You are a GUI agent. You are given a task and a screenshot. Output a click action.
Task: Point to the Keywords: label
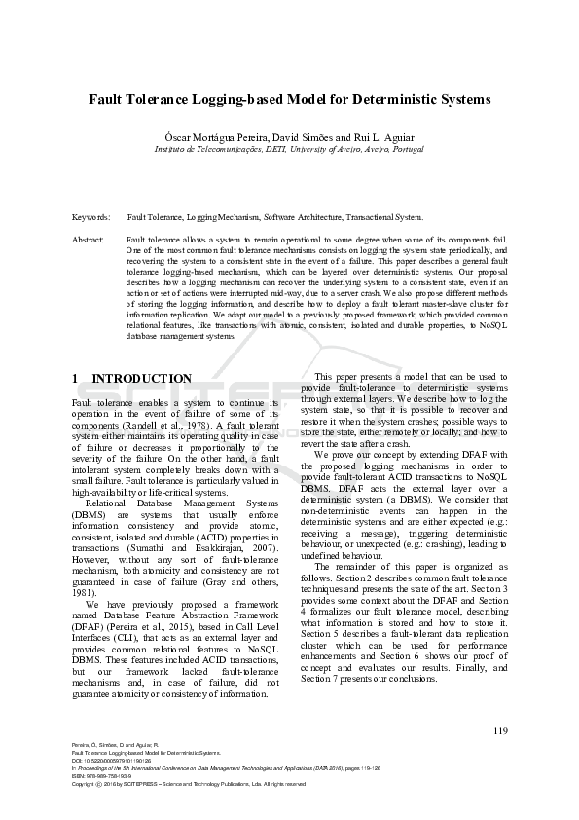point(90,217)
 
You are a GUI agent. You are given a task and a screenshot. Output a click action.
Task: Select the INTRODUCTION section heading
point(141,378)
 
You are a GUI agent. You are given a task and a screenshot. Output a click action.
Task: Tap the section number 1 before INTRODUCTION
point(76,378)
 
